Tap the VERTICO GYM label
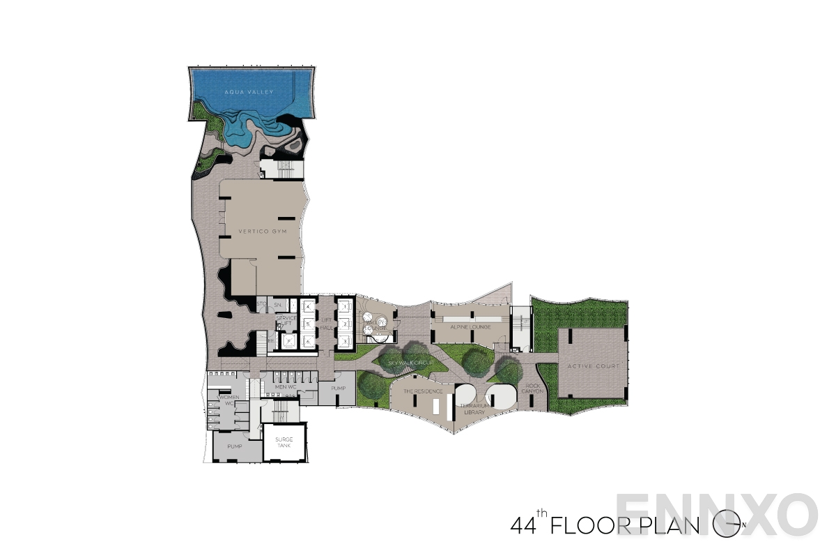(263, 231)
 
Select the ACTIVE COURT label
(593, 366)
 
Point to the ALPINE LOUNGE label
(470, 326)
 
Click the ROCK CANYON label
(532, 388)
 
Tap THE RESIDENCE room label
(423, 391)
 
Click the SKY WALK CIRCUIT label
(411, 363)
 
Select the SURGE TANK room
(284, 442)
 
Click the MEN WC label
(286, 387)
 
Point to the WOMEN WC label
(229, 400)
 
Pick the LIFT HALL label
(326, 324)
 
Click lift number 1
(344, 307)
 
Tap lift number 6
(307, 341)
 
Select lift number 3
(344, 341)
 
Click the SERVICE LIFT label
(286, 322)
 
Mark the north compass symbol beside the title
(727, 524)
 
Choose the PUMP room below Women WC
(235, 446)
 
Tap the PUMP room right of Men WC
(339, 388)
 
